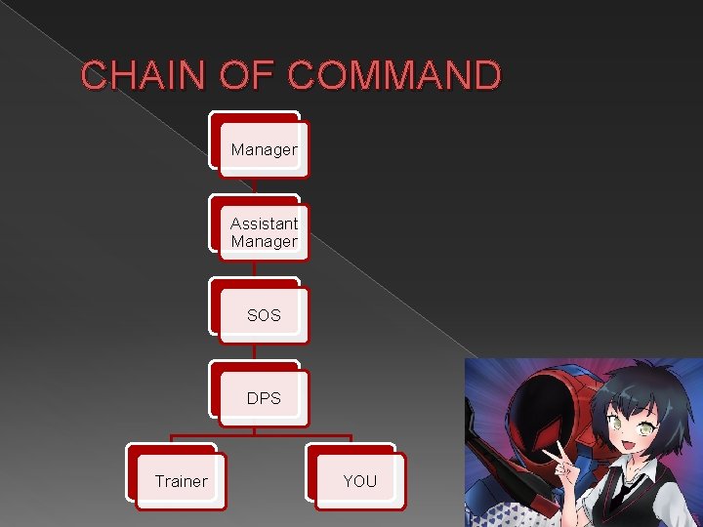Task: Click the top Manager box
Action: coord(264,149)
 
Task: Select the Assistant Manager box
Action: coord(264,232)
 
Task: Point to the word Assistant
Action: coord(264,223)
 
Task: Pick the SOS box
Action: coord(264,315)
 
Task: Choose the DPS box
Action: coord(264,398)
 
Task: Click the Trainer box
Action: coord(181,481)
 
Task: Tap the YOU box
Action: coord(359,481)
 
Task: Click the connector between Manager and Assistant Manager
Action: coord(255,185)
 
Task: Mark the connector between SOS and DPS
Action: coord(255,352)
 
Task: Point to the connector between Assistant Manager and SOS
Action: coord(255,268)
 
